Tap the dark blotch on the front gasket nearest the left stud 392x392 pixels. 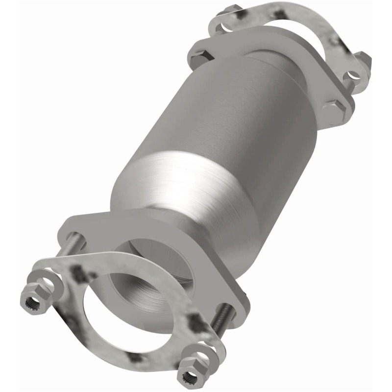(78, 272)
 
